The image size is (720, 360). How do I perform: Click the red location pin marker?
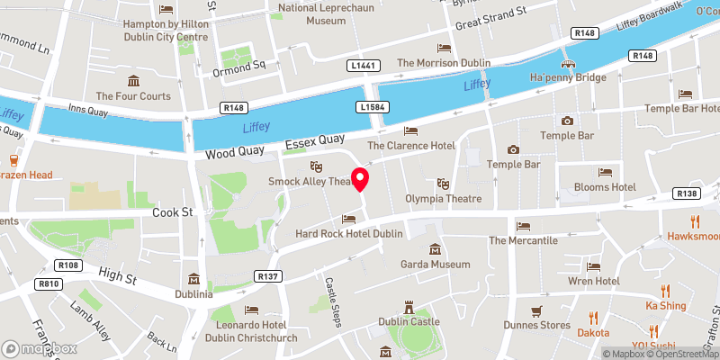pos(360,179)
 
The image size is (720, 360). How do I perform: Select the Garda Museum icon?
pos(435,249)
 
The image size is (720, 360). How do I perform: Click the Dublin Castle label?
pos(409,322)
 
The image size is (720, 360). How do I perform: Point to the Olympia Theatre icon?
pos(441,184)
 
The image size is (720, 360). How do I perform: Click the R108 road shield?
pos(69,265)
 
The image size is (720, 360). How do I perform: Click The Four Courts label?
pos(133,95)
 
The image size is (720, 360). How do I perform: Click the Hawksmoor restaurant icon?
pos(695,221)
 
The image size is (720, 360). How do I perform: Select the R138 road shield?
pos(687,193)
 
